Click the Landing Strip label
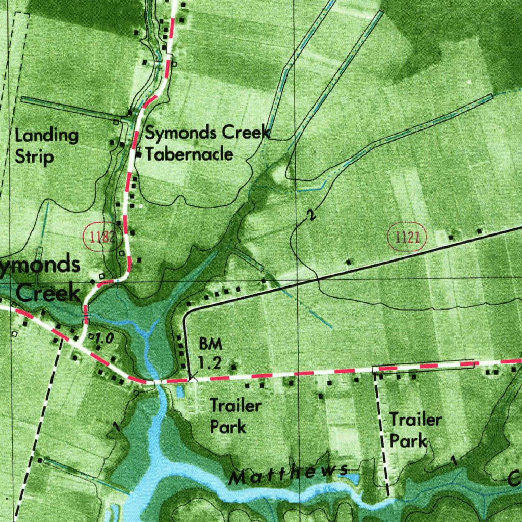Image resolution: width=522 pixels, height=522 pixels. click(46, 146)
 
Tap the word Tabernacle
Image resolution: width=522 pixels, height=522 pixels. click(190, 154)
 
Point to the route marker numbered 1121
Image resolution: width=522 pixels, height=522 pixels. click(407, 237)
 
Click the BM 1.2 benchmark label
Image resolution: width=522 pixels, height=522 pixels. click(210, 353)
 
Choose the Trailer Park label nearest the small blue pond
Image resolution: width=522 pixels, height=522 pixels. click(236, 416)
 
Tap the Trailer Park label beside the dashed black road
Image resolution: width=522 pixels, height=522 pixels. click(415, 430)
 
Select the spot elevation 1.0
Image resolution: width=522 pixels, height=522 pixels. click(103, 337)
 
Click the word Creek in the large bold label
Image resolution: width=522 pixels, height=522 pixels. click(48, 293)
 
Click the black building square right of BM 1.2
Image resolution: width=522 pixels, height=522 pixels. click(234, 366)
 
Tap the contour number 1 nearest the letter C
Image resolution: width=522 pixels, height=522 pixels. click(453, 461)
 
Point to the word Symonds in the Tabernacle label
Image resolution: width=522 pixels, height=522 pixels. click(176, 133)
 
